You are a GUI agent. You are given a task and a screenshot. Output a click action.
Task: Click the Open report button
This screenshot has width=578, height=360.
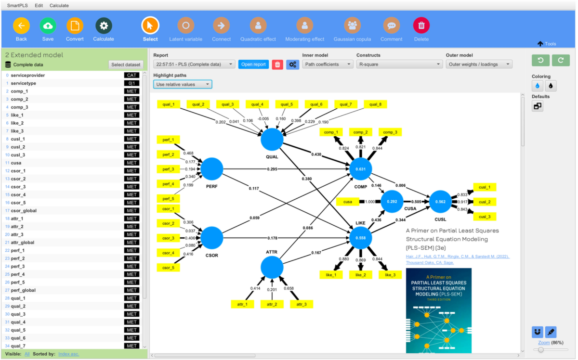pos(253,64)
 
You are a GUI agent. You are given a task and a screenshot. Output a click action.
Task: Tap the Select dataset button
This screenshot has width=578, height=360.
pos(126,64)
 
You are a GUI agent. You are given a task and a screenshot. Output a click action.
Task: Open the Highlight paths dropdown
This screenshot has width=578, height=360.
pos(183,84)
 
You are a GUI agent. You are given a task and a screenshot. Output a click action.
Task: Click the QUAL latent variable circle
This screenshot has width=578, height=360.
pos(272,140)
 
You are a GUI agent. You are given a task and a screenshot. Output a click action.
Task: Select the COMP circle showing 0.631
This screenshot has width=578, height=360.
pos(361,169)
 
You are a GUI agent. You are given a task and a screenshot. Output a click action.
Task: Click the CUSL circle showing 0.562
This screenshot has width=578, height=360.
pos(440,202)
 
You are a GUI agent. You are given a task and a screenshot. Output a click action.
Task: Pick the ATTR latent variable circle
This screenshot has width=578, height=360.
pos(272,267)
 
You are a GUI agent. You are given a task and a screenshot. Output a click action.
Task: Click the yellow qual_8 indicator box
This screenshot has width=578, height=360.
pos(375,104)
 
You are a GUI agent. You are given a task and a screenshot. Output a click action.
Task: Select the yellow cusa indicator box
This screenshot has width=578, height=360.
pos(348,202)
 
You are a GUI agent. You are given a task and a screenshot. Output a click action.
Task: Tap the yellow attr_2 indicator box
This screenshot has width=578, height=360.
pos(272,304)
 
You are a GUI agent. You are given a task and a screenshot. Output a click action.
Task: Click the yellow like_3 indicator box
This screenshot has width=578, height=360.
pos(390,274)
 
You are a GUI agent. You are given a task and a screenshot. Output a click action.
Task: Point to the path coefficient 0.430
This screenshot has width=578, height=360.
pos(316,154)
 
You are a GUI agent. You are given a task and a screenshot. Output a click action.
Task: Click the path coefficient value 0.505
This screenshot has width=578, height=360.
pos(417,202)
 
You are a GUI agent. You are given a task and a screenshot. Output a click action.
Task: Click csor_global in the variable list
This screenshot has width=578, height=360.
pos(24,210)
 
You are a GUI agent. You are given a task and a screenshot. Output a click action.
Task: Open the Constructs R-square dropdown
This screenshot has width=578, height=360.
pos(399,64)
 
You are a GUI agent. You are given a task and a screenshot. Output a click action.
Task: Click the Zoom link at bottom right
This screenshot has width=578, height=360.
pos(544,342)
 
